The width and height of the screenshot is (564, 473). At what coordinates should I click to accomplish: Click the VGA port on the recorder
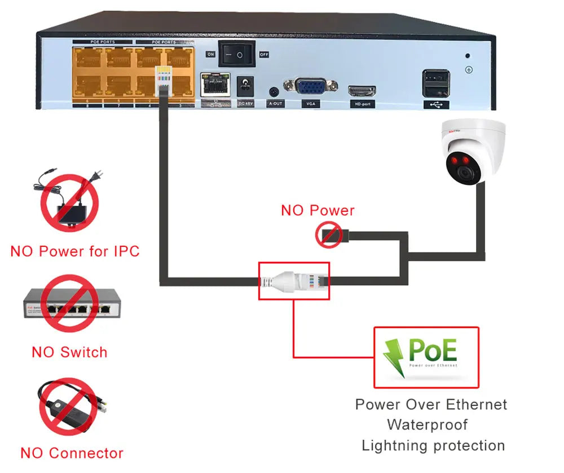311,87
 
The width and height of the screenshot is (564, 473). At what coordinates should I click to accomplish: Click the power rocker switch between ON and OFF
237,54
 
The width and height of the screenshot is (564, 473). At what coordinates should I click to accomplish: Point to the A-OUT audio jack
274,91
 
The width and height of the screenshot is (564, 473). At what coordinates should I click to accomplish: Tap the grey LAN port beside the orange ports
215,85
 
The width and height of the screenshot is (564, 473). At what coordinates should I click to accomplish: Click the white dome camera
473,151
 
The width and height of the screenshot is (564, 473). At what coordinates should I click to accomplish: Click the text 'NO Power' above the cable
318,211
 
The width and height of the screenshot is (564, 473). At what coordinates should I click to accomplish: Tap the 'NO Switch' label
69,352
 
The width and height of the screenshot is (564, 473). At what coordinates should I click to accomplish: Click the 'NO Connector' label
72,453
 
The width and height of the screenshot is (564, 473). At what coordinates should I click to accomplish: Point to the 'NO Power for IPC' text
75,251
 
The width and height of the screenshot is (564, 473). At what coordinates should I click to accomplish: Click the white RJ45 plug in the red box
293,280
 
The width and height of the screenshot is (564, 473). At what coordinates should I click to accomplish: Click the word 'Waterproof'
427,425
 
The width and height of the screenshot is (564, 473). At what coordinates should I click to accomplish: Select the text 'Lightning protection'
433,445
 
